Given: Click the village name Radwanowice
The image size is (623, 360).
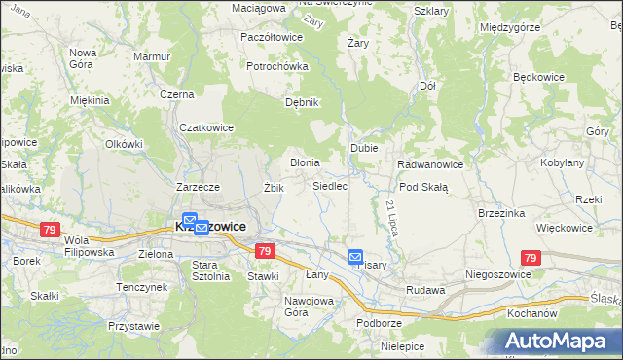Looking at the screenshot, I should [430, 164].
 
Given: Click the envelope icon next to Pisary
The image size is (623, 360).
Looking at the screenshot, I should [355, 257].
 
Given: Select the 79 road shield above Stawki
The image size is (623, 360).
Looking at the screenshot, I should [264, 251].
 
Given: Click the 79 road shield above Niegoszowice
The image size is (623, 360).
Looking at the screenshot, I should [530, 258].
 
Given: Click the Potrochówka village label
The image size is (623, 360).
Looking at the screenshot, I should [277, 66].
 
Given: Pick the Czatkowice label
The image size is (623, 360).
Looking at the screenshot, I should [204, 126].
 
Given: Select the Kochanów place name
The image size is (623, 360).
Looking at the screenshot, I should [531, 315].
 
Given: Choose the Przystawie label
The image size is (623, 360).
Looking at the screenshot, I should [134, 327].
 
